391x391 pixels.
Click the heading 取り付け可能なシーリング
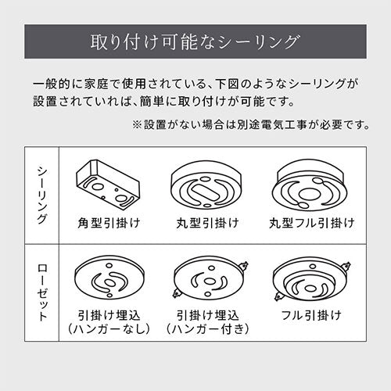tap(195, 41)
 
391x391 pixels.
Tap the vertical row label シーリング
tap(42, 195)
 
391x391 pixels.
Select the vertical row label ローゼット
tap(42, 292)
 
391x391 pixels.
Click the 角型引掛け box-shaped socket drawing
tap(108, 185)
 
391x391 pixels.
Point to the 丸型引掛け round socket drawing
tap(207, 185)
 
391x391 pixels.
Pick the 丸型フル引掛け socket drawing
tap(310, 185)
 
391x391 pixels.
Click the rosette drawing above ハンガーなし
tap(109, 277)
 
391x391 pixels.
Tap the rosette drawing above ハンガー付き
tap(210, 277)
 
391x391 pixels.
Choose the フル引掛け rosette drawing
tap(312, 279)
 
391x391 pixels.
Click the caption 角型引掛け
tap(109, 223)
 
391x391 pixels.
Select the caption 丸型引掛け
tap(207, 223)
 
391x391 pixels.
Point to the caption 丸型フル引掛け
tap(312, 223)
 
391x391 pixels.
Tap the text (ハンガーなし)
tap(109, 329)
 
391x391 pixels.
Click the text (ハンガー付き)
tap(207, 329)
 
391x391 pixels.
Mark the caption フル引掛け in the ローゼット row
tap(311, 315)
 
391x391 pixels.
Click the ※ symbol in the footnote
tap(137, 125)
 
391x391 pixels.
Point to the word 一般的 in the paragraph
tap(52, 84)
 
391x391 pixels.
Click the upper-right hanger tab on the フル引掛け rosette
tap(346, 267)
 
